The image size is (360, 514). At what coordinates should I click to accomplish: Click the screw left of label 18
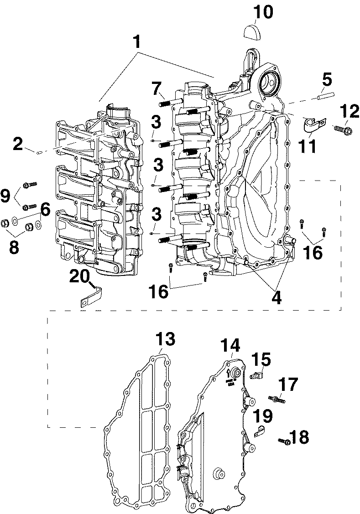click(284, 441)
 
